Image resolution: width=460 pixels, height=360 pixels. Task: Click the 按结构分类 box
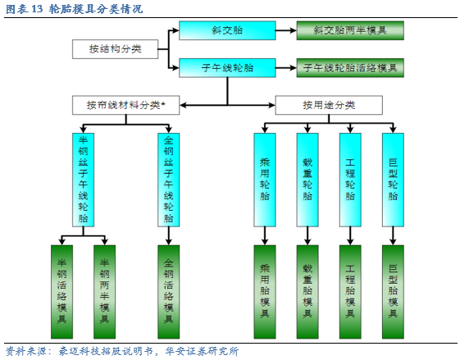tap(115, 49)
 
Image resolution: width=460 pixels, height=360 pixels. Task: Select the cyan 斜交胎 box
tap(227, 30)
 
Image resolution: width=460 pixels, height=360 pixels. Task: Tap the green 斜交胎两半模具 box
tap(350, 30)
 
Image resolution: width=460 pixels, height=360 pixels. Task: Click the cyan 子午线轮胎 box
tap(227, 68)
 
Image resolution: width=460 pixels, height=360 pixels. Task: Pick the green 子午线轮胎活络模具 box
tap(350, 68)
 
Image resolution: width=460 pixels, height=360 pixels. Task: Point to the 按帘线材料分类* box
tap(125, 105)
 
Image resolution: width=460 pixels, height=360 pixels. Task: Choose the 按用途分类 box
tap(329, 105)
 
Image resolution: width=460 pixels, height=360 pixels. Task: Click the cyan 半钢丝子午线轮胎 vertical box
tap(84, 180)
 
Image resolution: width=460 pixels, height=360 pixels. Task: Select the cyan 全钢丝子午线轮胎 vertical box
tap(169, 180)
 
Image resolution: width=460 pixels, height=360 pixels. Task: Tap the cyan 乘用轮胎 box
tap(265, 180)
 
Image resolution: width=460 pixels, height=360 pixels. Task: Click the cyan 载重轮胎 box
tap(307, 180)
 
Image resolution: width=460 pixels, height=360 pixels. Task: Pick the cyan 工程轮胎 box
tap(350, 180)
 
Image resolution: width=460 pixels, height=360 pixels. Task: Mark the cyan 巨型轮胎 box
tap(393, 180)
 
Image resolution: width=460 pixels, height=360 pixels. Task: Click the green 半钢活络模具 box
tap(61, 292)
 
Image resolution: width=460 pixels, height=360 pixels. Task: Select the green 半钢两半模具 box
tap(104, 292)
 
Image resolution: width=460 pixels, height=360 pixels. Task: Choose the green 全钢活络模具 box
tap(169, 292)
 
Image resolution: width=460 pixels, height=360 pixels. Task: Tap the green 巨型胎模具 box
tap(393, 292)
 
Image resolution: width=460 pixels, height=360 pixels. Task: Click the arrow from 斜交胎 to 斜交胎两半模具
tap(286, 30)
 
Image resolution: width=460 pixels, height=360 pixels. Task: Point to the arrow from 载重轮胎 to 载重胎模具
tap(307, 236)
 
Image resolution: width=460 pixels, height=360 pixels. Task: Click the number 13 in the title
tap(37, 9)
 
